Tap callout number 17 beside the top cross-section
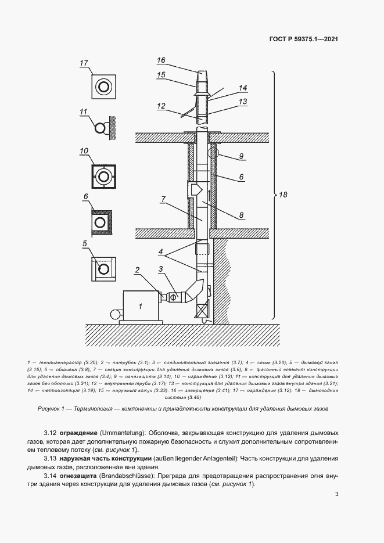[x=84, y=63]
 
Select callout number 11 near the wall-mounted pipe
[x=84, y=112]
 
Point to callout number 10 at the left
[x=84, y=151]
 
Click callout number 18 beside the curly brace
[x=283, y=196]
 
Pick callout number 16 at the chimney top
[x=161, y=60]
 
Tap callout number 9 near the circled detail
[x=241, y=156]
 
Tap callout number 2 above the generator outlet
[x=138, y=270]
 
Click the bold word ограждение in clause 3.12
[x=79, y=434]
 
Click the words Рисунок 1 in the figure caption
[x=53, y=409]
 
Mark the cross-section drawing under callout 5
[x=103, y=268]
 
